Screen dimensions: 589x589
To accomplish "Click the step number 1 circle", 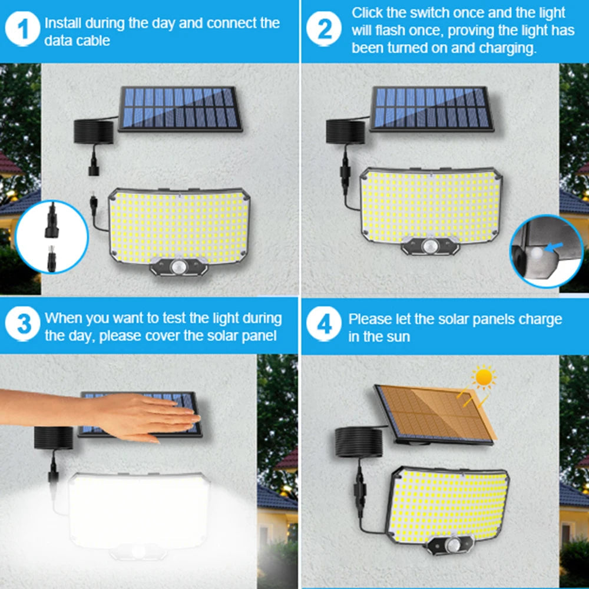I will pos(24,31).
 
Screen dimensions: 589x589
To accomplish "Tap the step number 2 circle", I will pos(325,29).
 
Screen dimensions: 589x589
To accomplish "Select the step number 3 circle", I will pos(24,325).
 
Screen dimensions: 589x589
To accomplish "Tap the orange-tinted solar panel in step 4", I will pos(436,412).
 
